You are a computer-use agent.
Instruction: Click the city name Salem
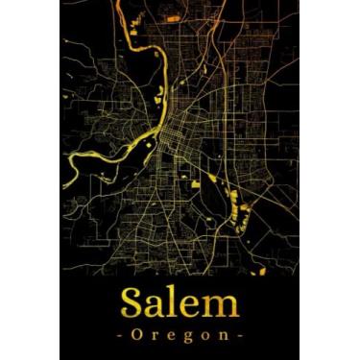(x=180, y=304)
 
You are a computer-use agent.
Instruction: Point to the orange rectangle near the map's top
(x=173, y=17)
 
